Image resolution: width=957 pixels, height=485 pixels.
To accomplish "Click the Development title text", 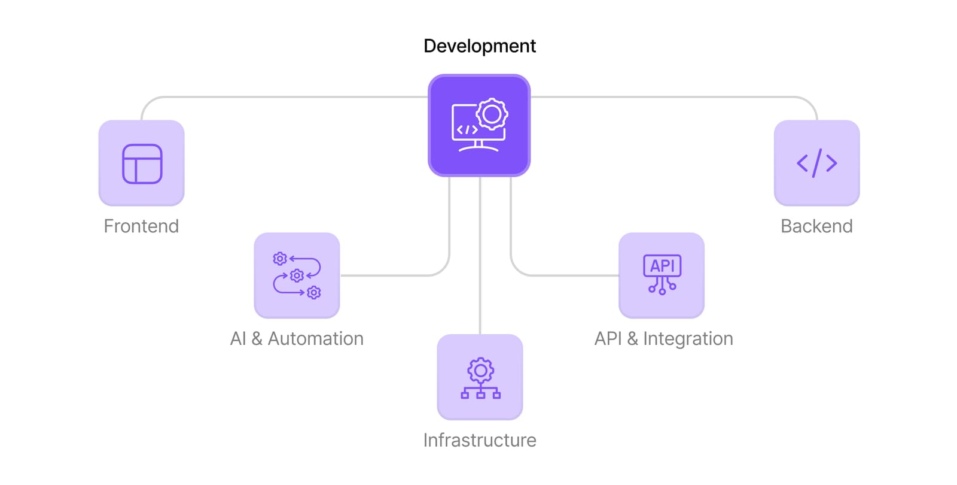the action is point(479,46).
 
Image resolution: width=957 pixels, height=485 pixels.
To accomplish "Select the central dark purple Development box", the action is point(479,125).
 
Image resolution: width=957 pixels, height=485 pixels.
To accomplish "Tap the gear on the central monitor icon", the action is point(492,114).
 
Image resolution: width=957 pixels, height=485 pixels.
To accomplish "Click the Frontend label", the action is point(141,226).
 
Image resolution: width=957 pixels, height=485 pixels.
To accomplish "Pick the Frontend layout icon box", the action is point(141,163).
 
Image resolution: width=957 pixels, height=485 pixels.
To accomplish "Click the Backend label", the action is point(816,226).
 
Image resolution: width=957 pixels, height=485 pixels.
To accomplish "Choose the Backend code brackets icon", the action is point(816,163).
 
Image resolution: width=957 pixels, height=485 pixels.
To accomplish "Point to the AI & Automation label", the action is point(297,339).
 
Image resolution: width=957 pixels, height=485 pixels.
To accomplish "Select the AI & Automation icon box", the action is point(297,275).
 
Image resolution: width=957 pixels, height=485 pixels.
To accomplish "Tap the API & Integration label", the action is point(663,339).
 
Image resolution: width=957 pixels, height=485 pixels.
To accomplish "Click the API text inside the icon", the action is point(662,266).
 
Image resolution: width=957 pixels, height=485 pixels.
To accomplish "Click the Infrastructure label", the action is point(479,440).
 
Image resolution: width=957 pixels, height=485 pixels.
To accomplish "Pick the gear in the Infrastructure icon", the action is point(480,371).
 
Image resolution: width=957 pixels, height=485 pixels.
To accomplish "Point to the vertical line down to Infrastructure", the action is point(480,255).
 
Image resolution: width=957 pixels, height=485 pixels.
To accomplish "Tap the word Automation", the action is point(316,339).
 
